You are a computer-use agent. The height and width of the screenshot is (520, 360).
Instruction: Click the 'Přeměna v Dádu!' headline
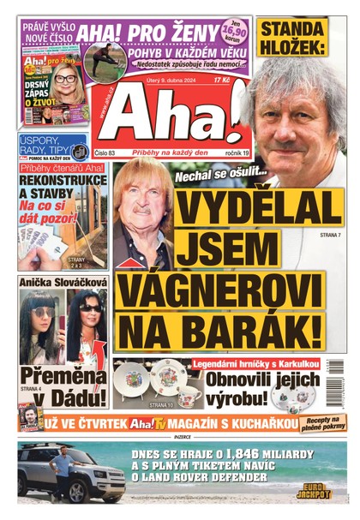[64, 386]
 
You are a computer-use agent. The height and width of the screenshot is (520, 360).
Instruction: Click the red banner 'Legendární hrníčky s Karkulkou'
[255, 363]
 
